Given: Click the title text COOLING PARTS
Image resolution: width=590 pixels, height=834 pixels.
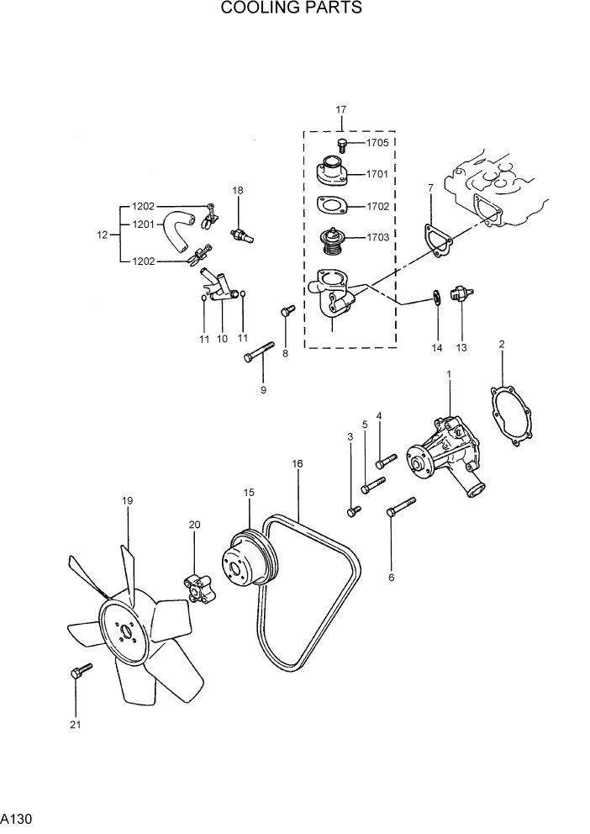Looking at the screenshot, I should click(x=292, y=9).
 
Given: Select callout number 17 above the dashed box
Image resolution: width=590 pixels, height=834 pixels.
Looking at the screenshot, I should click(x=341, y=109).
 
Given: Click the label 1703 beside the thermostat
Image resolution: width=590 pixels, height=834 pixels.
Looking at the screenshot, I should click(x=377, y=238).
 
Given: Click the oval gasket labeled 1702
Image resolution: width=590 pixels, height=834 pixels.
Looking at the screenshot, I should click(x=334, y=206).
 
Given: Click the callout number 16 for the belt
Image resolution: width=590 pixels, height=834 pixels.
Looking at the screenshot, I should click(x=298, y=463).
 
